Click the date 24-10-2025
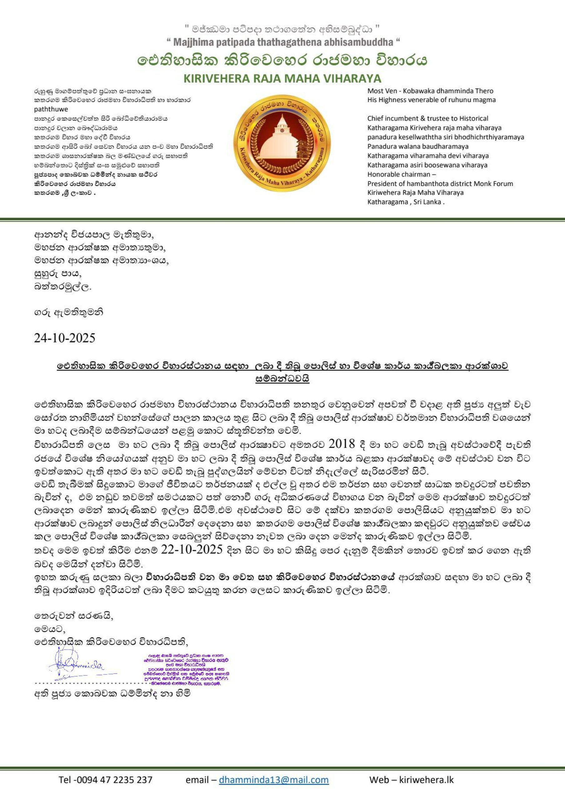tap(64, 338)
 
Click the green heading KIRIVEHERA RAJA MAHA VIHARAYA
tap(282, 78)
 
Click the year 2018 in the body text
tap(341, 444)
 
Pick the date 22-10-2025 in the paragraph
tap(192, 550)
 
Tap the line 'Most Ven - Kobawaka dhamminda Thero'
tap(430, 91)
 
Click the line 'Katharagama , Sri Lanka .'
tap(406, 202)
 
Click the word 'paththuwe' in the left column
tap(51, 109)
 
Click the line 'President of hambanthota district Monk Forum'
tap(440, 184)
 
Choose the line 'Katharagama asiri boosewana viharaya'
tap(427, 165)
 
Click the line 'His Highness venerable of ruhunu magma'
tap(431, 100)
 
